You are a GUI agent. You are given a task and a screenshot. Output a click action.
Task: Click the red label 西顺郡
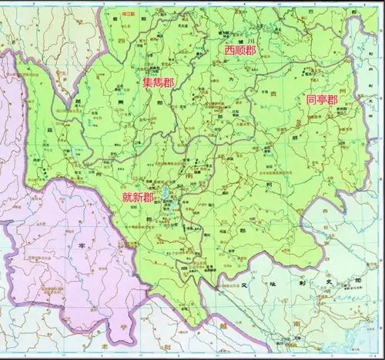[239, 50]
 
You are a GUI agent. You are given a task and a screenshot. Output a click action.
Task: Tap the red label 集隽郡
[157, 81]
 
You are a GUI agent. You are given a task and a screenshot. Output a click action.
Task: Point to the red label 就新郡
[139, 198]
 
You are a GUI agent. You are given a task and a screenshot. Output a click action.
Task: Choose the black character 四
[121, 38]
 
